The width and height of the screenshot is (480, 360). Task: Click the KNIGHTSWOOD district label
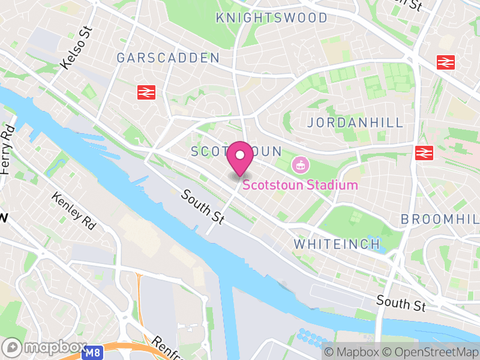[272, 18]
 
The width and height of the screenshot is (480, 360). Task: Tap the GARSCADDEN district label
[168, 58]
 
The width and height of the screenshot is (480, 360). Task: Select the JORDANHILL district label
[355, 123]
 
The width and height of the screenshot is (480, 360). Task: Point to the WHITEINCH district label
[337, 244]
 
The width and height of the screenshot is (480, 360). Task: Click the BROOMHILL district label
[441, 219]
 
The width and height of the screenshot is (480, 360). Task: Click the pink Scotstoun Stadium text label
[300, 185]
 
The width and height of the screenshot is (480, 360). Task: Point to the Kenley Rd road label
[74, 211]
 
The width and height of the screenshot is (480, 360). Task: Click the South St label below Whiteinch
[401, 302]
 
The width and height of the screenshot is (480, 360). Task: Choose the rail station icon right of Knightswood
[445, 61]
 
